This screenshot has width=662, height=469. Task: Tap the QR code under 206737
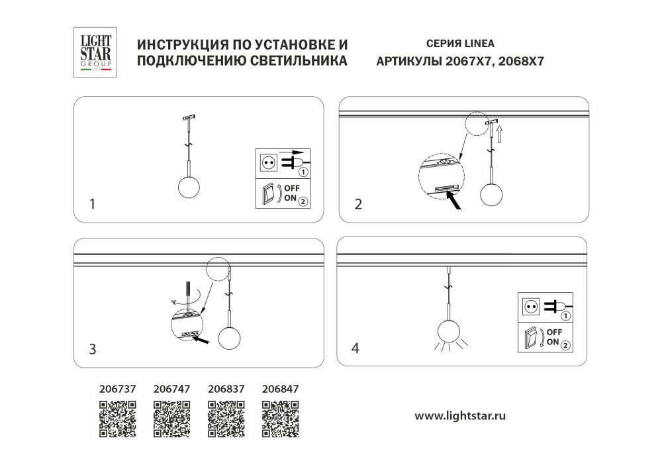pos(117,419)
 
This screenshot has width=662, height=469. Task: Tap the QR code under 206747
pos(171,419)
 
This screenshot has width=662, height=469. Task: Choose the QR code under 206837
pos(226,419)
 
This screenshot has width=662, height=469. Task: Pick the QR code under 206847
pos(281,419)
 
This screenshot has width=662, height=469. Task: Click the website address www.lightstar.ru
pos(460,416)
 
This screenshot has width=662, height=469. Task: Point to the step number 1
pos(93,205)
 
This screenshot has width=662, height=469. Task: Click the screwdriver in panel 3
pos(189,295)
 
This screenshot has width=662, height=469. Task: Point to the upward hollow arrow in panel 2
pos(501,136)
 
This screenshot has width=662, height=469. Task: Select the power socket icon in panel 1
pos(268,162)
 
